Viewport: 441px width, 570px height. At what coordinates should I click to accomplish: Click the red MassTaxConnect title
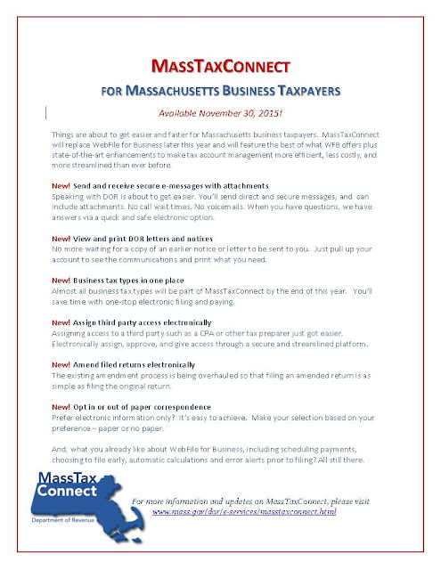coord(219,67)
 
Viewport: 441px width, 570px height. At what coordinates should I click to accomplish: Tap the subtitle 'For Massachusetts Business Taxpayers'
coord(219,91)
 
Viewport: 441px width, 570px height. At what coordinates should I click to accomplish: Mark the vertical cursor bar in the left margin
coord(45,111)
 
